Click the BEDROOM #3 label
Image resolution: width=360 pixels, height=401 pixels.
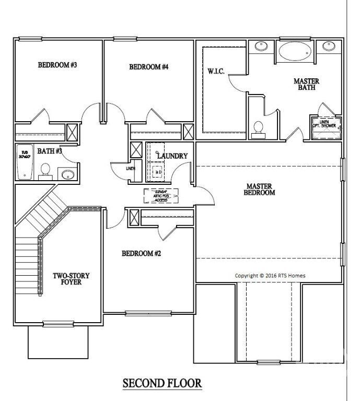(57, 65)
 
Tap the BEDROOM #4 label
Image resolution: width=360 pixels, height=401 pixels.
(148, 67)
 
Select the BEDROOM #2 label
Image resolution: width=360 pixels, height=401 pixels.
(141, 254)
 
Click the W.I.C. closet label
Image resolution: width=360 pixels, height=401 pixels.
(216, 72)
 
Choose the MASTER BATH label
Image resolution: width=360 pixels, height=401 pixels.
(306, 85)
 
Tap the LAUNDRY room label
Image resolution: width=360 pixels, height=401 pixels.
(172, 156)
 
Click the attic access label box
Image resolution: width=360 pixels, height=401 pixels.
(161, 195)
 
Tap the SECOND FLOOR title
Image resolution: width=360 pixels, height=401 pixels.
(162, 383)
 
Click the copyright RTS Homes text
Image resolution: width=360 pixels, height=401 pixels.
(270, 276)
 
